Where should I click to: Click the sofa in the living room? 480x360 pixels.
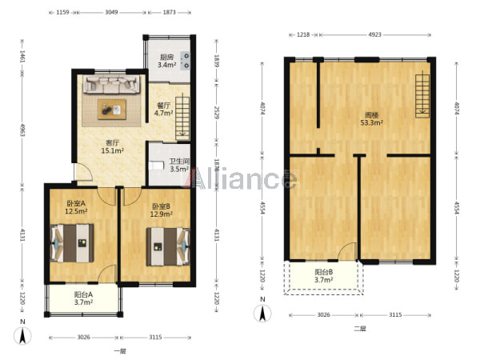pyautogui.click(x=112, y=84)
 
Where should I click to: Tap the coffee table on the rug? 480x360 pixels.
pyautogui.click(x=112, y=110)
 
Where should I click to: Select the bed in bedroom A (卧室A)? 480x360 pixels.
pyautogui.click(x=72, y=243)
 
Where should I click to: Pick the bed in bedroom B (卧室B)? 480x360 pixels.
pyautogui.click(x=168, y=246)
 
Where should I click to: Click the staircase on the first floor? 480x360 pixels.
pyautogui.click(x=182, y=118)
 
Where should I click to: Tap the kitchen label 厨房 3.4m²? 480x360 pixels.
pyautogui.click(x=167, y=61)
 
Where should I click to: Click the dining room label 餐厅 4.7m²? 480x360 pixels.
pyautogui.click(x=163, y=110)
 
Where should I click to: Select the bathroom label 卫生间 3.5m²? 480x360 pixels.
pyautogui.click(x=179, y=165)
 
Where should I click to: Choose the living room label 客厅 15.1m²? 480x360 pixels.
pyautogui.click(x=112, y=146)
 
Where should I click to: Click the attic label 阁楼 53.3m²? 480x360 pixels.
pyautogui.click(x=372, y=119)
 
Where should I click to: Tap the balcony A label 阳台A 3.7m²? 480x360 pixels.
pyautogui.click(x=83, y=298)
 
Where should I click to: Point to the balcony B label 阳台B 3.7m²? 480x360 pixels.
pyautogui.click(x=323, y=276)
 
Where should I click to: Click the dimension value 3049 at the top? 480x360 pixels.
pyautogui.click(x=111, y=12)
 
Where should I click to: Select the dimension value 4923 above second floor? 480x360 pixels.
pyautogui.click(x=374, y=34)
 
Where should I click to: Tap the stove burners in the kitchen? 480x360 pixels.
pyautogui.click(x=186, y=60)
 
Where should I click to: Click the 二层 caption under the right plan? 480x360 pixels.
pyautogui.click(x=360, y=329)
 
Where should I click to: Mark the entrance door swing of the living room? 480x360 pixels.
pyautogui.click(x=83, y=171)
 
